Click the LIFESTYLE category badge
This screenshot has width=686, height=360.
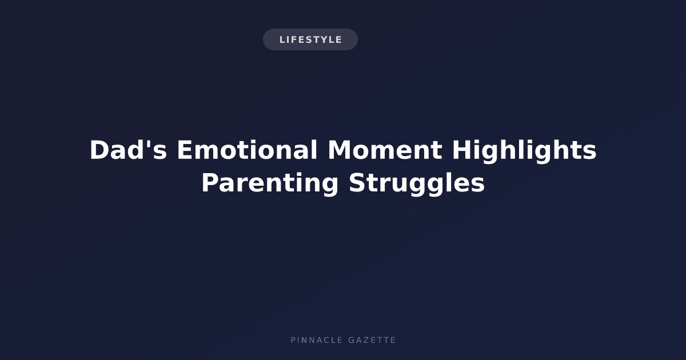coord(310,39)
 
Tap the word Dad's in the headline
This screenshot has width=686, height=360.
coord(128,150)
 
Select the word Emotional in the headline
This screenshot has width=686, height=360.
coord(247,150)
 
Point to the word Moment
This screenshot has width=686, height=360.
coord(385,150)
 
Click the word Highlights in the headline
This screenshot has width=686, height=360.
coord(524,151)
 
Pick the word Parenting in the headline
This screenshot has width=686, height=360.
coord(270,183)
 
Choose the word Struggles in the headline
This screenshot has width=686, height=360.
coord(417,183)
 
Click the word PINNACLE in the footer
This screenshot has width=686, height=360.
coord(316,340)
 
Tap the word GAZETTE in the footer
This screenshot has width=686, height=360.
coord(372,340)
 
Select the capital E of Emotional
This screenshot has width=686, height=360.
coord(185,150)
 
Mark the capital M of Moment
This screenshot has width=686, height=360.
coord(340,150)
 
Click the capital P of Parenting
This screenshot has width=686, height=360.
coord(210,183)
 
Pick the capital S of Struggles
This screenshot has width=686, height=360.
coord(357,183)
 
